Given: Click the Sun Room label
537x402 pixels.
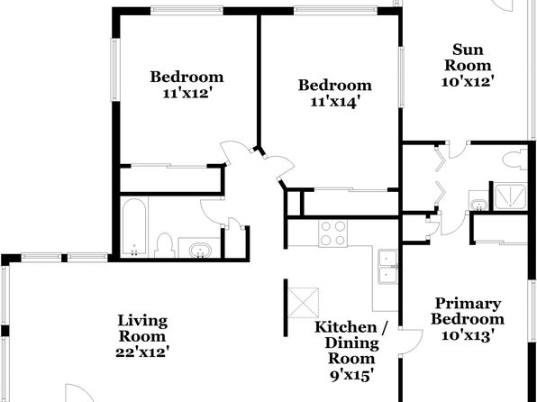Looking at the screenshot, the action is pos(468,57).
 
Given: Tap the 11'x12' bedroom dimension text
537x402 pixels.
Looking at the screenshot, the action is pos(186,93).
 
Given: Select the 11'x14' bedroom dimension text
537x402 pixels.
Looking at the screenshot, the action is pos(334,102).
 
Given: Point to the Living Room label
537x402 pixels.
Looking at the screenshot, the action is pos(142,328).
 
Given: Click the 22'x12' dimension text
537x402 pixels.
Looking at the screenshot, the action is pos(142,352).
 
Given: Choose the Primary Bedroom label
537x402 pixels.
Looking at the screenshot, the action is pos(468,311).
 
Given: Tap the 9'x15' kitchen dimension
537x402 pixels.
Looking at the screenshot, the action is pos(351,376).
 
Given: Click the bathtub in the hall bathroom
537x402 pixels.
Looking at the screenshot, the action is pos(134,227).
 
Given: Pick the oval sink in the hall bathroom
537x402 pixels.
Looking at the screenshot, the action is pos(199,250).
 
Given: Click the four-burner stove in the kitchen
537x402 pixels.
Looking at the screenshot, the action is pos(332,233).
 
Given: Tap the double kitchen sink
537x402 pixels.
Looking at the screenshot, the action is pos(387,267).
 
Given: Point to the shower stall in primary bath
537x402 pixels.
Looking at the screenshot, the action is pos(509,196).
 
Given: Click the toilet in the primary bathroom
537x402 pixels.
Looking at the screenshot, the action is pos(514,160).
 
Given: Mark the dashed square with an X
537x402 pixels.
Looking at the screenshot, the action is pos(304,303).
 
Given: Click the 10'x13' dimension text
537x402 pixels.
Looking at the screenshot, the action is pos(468,334).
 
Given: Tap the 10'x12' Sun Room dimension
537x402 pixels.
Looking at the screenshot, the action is pos(468,81).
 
